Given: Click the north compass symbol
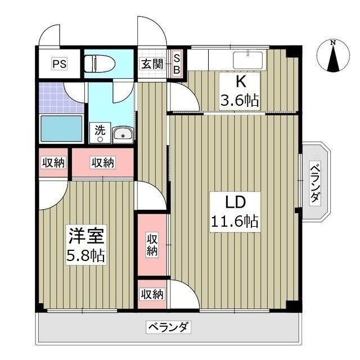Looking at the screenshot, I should (x=333, y=57).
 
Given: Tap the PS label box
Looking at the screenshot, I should (x=60, y=64).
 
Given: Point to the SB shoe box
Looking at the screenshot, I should (x=176, y=63).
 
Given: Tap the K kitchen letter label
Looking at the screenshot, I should (x=240, y=82).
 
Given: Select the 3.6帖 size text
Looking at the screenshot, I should (x=239, y=101).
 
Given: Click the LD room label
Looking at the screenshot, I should (x=235, y=201).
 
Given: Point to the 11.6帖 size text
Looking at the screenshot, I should (x=235, y=221).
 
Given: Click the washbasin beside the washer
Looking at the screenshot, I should (x=122, y=134).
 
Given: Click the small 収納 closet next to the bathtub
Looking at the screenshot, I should (x=53, y=163).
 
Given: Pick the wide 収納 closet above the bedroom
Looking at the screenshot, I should (x=103, y=163).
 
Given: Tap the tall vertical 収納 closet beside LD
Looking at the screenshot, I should (x=152, y=245).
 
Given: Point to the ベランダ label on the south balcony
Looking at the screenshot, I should (x=168, y=327).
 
